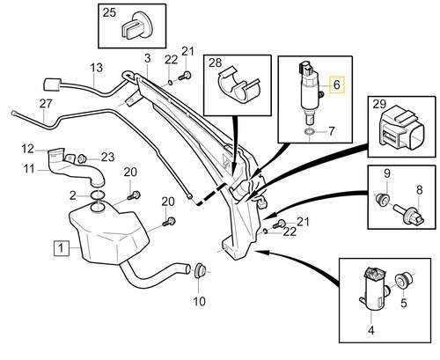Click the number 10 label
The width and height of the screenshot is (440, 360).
pos(199,301)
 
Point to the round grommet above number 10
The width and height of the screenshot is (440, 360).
pos(200,268)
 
